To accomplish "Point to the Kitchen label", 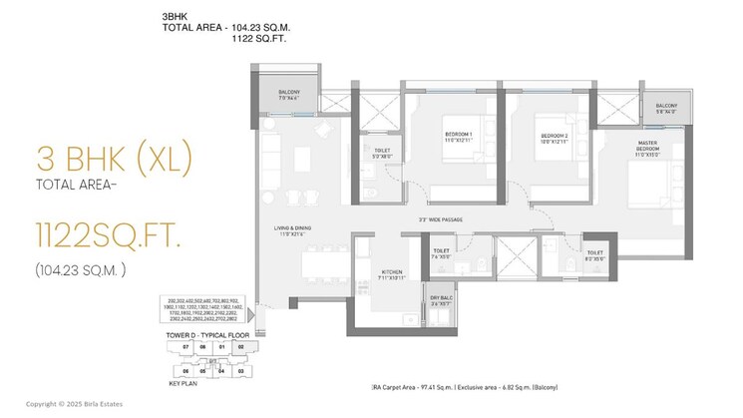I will pyautogui.click(x=390, y=271).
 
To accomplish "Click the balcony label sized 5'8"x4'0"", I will pyautogui.click(x=666, y=108).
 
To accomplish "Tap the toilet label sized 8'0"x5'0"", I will pyautogui.click(x=596, y=255).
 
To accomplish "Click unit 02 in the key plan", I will pyautogui.click(x=240, y=347).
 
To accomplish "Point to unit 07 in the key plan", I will pyautogui.click(x=186, y=347).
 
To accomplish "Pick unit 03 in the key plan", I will pyautogui.click(x=240, y=370).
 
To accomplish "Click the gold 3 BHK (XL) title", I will pyautogui.click(x=112, y=159).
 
